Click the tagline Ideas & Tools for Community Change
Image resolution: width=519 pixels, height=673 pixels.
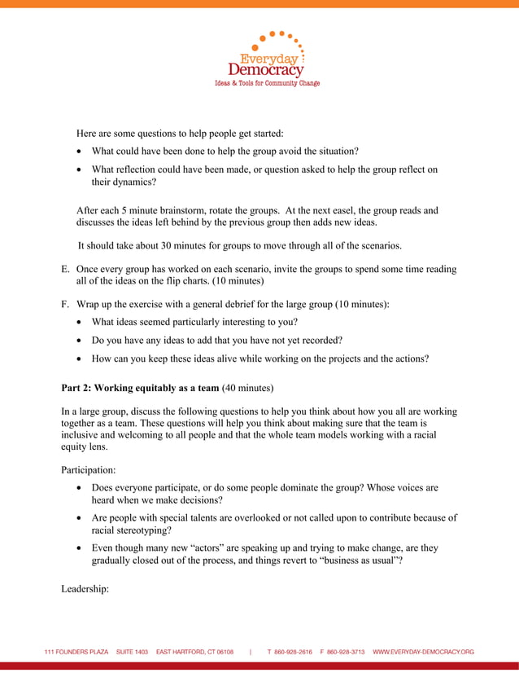click(x=266, y=83)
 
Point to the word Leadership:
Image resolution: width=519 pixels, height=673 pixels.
click(x=85, y=589)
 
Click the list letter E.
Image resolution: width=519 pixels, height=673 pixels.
click(x=65, y=269)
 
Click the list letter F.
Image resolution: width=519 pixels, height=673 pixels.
click(x=65, y=304)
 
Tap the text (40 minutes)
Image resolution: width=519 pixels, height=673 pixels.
click(x=247, y=387)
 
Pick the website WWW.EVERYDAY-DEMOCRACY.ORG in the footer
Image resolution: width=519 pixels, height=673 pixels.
click(x=423, y=652)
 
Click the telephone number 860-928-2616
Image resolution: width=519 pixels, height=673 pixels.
click(x=294, y=652)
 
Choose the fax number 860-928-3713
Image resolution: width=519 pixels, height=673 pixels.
click(x=347, y=652)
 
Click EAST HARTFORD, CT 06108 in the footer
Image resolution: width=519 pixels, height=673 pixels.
click(x=194, y=652)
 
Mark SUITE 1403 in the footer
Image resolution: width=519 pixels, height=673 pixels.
click(x=132, y=652)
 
